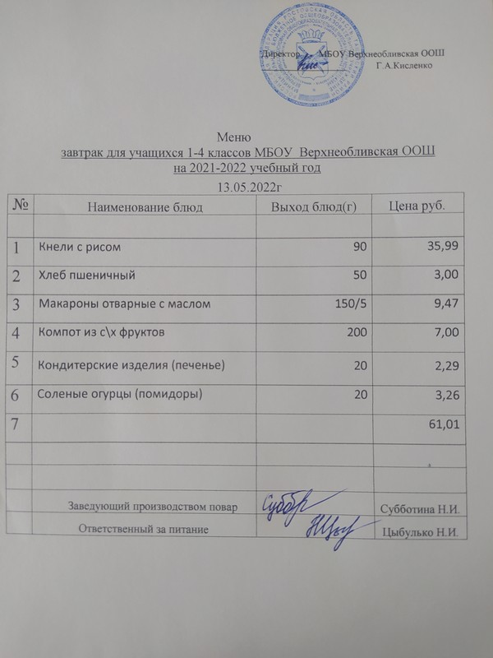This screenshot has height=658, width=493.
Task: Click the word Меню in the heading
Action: pyautogui.click(x=233, y=137)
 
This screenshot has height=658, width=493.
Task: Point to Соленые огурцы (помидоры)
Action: pyautogui.click(x=121, y=394)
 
